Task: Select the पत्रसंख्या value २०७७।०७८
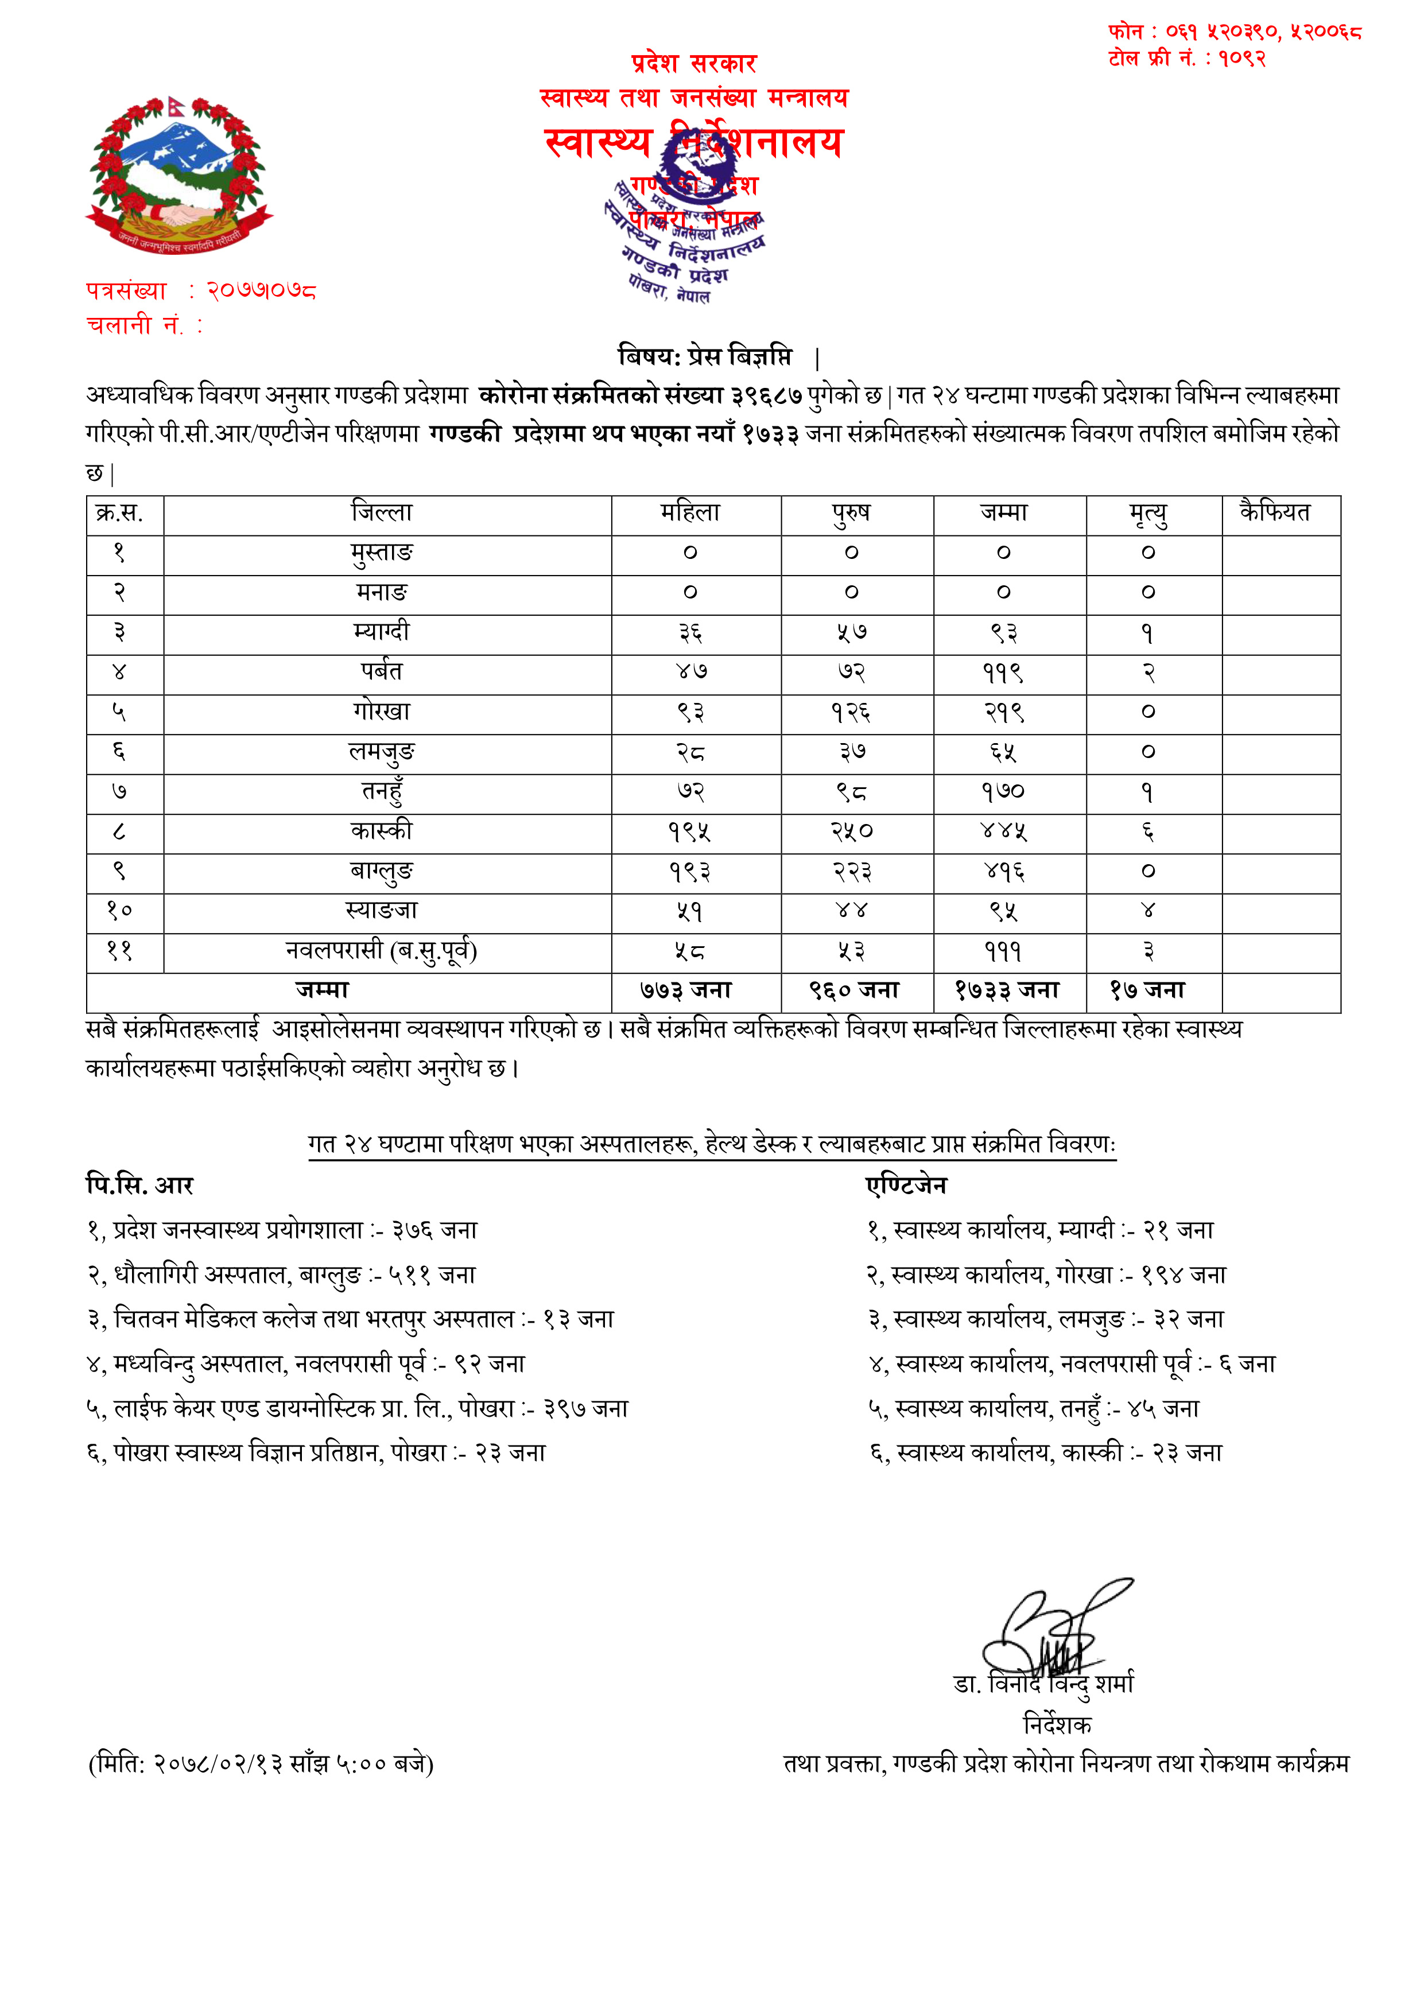pos(261,290)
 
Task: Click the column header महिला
pos(690,513)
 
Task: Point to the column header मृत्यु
pos(1148,514)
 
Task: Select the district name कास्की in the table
pos(382,831)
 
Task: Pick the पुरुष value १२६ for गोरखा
pos(851,713)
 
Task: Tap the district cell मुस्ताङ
pos(382,553)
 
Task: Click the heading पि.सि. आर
pos(139,1186)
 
